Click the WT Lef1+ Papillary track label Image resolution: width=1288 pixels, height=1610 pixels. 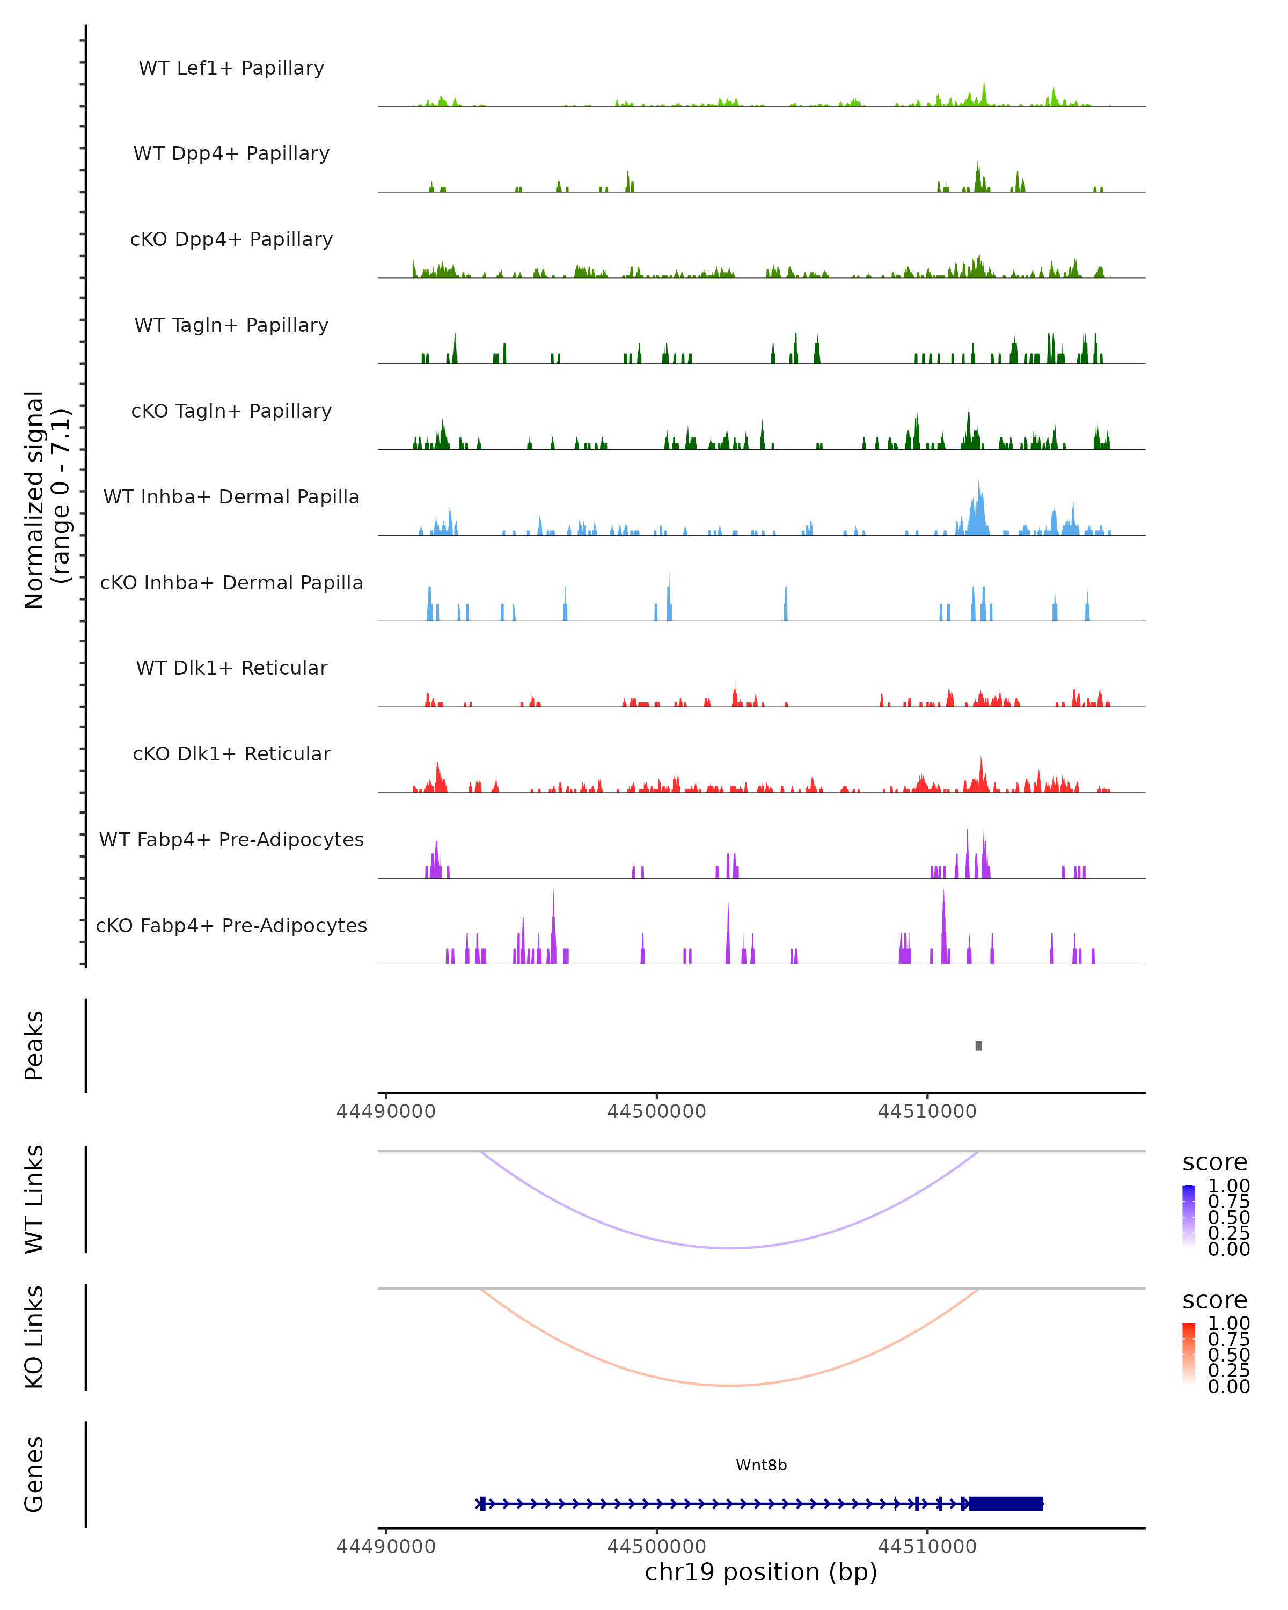231,68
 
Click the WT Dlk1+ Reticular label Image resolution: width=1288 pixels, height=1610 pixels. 231,668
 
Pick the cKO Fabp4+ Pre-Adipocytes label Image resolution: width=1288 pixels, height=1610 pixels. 231,925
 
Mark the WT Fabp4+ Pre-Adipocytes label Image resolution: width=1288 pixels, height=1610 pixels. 231,839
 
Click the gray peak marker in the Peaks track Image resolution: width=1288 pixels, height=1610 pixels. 978,1045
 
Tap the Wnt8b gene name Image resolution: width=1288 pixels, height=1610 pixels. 761,1465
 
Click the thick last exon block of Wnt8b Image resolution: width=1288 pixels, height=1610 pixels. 1005,1503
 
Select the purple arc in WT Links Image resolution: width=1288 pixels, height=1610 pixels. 729,1248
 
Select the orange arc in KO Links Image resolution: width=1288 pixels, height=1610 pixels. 729,1385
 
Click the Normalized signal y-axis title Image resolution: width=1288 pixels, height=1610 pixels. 46,500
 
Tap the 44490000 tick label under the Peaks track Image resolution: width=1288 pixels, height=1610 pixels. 386,1111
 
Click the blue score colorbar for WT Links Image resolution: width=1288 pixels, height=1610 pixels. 1189,1216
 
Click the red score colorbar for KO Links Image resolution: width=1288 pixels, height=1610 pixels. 1189,1353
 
